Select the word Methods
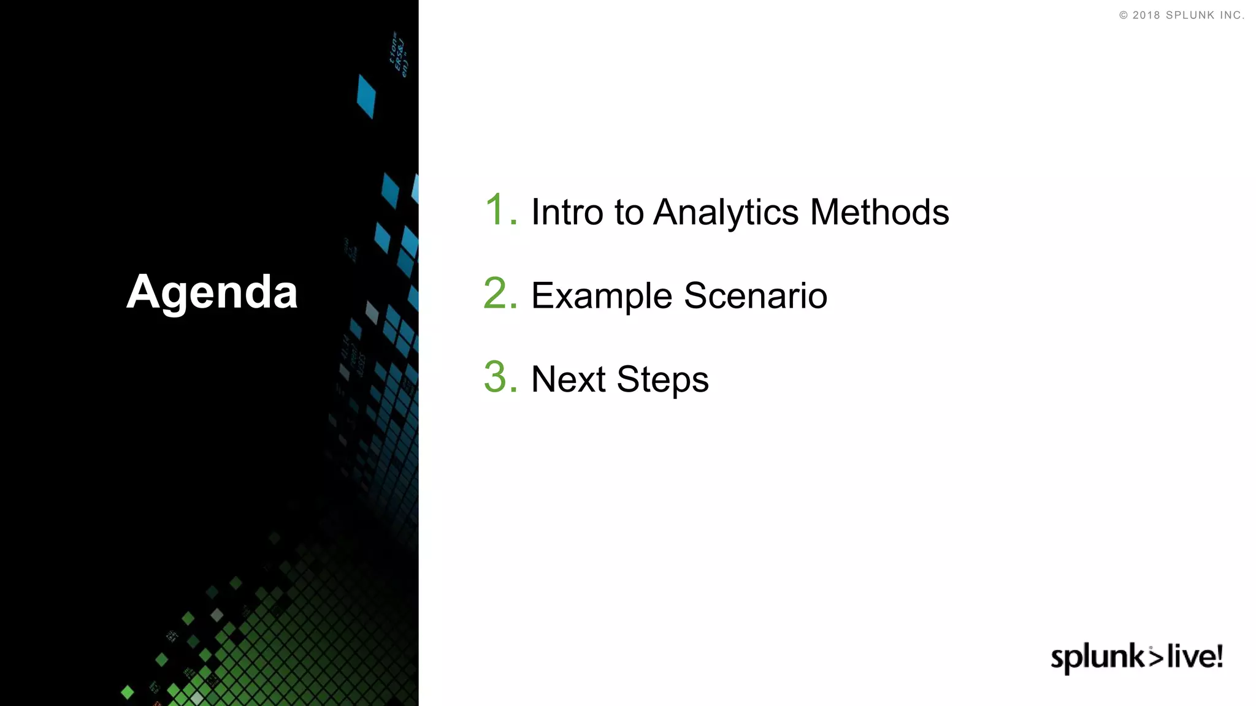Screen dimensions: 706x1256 pyautogui.click(x=879, y=212)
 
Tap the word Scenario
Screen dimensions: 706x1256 pyautogui.click(x=756, y=295)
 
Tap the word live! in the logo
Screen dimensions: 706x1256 pyautogui.click(x=1195, y=656)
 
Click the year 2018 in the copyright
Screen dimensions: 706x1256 pyautogui.click(x=1146, y=15)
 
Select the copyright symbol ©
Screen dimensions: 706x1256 pyautogui.click(x=1124, y=15)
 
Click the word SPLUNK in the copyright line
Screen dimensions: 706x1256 pyautogui.click(x=1190, y=15)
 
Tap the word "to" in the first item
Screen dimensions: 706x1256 pyautogui.click(x=629, y=213)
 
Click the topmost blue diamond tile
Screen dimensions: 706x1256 pyautogui.click(x=366, y=96)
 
